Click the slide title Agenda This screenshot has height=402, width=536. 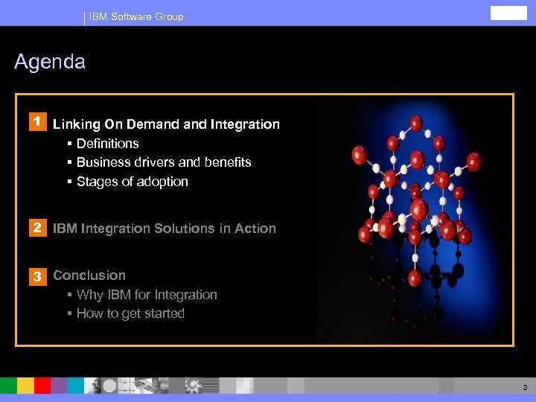[x=50, y=62]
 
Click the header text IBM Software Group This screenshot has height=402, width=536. [x=136, y=16]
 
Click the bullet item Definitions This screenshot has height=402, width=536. [x=107, y=144]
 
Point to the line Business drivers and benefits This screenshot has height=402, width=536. [x=164, y=162]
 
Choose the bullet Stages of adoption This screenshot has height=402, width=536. [x=132, y=182]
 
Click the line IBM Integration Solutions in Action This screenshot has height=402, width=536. [x=165, y=229]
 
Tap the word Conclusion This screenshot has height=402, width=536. [x=89, y=275]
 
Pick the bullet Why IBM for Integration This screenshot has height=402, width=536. [x=147, y=295]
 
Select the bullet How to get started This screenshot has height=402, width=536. [x=130, y=313]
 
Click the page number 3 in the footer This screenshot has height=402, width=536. [x=525, y=387]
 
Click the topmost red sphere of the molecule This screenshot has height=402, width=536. [x=416, y=123]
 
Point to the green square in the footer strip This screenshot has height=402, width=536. [x=8, y=385]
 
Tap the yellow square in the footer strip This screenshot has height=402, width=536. [x=25, y=385]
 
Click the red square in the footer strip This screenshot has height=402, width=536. [x=42, y=385]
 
